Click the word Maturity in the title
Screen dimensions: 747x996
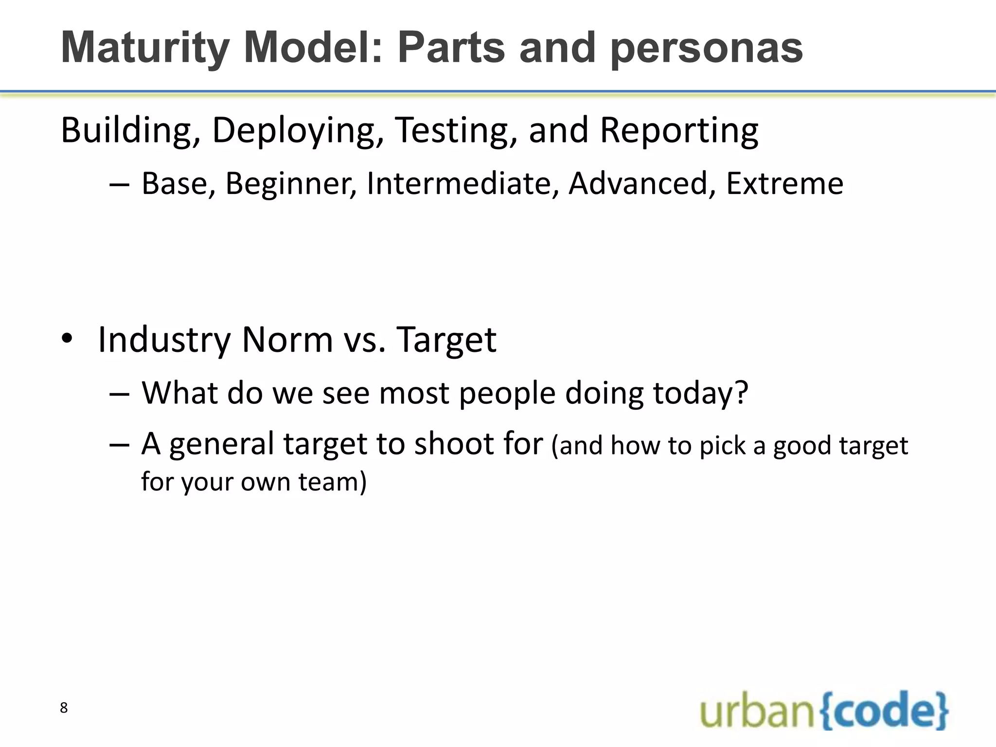point(145,49)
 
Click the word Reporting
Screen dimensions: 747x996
point(679,131)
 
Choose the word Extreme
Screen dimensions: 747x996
point(784,184)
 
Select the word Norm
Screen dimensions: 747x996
point(287,340)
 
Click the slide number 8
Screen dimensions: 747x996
point(64,708)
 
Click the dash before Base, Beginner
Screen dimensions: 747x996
point(119,185)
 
